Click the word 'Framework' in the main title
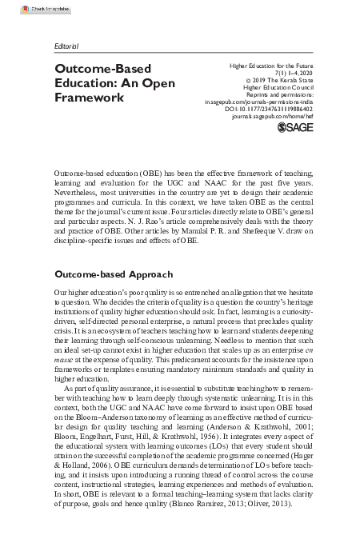point(90,98)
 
